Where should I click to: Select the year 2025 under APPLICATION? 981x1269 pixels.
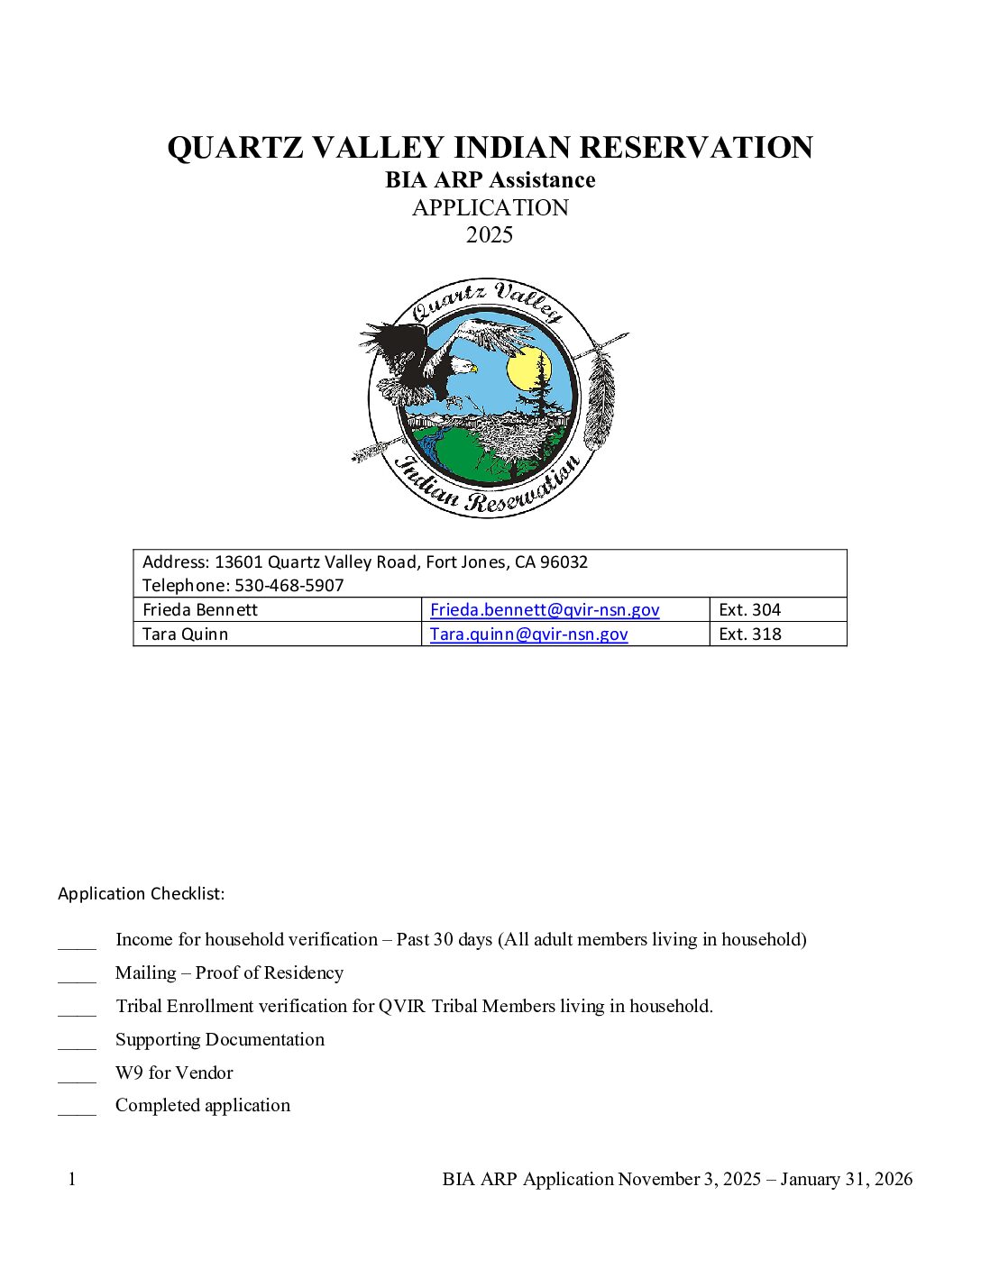tap(490, 235)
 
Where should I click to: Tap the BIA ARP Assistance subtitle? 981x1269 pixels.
tap(490, 180)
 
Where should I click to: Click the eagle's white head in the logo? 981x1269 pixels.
tap(461, 365)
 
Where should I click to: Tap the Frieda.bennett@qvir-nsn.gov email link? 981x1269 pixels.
tap(545, 610)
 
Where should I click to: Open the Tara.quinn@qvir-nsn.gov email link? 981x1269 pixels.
tap(528, 634)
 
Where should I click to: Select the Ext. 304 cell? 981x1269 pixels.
tap(749, 610)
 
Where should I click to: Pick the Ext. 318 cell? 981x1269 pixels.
tap(749, 634)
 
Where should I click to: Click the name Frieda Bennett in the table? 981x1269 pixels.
tap(200, 610)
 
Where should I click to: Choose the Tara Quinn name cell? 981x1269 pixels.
tap(185, 634)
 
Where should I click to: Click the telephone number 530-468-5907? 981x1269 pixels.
tap(289, 586)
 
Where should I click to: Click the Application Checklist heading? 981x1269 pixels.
tap(142, 894)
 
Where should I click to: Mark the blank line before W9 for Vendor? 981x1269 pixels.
tap(77, 1078)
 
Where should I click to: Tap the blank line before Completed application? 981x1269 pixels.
tap(77, 1111)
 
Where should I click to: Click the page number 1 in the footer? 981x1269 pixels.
tap(72, 1180)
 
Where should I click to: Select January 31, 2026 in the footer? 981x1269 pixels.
tap(847, 1180)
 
